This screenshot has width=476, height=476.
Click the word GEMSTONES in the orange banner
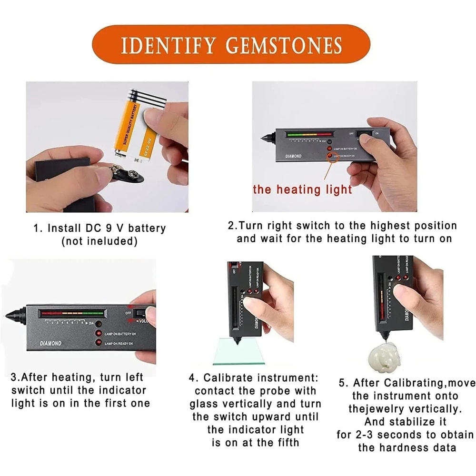click(284, 46)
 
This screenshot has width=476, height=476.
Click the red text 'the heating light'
click(302, 189)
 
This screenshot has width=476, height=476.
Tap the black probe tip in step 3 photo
click(12, 315)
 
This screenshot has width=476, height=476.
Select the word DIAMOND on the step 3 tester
click(50, 343)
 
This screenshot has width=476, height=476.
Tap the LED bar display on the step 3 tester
click(71, 313)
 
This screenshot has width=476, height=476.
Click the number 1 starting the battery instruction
click(36, 228)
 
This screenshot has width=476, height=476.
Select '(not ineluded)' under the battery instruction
click(99, 241)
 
